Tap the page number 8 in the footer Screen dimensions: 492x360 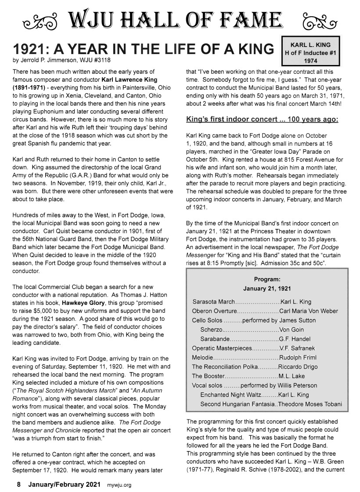click(x=19, y=485)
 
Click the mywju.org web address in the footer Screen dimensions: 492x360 click(x=120, y=485)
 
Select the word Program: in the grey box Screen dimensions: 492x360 click(x=267, y=279)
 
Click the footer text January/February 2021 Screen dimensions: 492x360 click(x=64, y=485)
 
